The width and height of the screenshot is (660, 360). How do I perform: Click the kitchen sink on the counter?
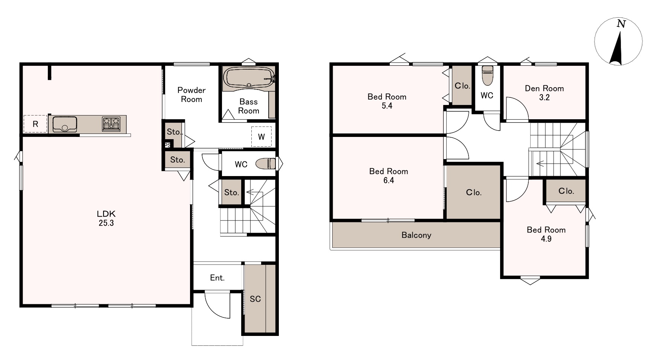pos(65,124)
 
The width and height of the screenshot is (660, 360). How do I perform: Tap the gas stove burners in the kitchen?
pos(111,124)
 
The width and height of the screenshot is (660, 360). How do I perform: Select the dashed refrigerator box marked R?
pos(35,124)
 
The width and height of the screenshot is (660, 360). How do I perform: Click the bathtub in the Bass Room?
pos(249,78)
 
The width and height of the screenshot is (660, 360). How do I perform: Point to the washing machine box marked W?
pos(261,137)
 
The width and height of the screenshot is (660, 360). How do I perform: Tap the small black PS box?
pos(167,145)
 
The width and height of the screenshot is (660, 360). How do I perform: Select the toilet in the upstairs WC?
pos(487,76)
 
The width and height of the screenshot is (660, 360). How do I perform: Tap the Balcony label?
pos(416,235)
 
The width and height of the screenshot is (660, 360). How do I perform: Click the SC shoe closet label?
pos(255,299)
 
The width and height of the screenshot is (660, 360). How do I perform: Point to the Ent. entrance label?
pos(217,278)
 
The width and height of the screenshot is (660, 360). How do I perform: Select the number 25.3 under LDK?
pos(106,223)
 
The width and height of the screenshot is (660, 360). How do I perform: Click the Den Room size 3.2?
pos(544,97)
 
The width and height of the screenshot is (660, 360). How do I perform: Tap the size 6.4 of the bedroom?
pos(389,180)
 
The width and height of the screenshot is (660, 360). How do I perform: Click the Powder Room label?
pos(192,94)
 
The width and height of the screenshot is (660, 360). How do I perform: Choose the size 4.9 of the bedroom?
pos(546,239)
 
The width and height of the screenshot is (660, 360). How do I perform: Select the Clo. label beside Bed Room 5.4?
pos(462,86)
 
